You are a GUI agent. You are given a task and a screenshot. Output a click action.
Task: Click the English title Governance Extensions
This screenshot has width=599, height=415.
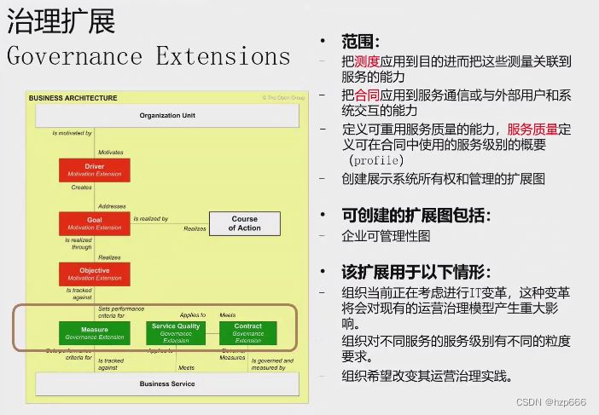tap(148, 57)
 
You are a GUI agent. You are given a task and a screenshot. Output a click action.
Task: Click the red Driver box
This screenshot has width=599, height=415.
tap(94, 170)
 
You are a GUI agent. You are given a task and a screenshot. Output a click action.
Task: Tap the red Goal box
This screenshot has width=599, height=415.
tap(94, 223)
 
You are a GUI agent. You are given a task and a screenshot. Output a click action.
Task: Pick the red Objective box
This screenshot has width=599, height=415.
tap(94, 274)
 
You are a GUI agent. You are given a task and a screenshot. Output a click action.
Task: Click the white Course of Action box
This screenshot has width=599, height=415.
tap(244, 223)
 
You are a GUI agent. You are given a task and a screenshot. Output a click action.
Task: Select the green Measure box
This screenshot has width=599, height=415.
tap(94, 332)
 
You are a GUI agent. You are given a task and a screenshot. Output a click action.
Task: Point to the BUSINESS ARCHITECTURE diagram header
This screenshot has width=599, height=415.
tap(73, 98)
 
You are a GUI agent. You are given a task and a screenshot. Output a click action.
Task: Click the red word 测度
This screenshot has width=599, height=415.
tap(369, 61)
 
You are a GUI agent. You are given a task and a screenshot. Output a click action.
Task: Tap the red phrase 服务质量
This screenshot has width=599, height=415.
tap(532, 129)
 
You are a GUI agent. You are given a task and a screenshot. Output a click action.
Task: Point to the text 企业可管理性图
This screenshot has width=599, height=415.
tap(386, 235)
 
